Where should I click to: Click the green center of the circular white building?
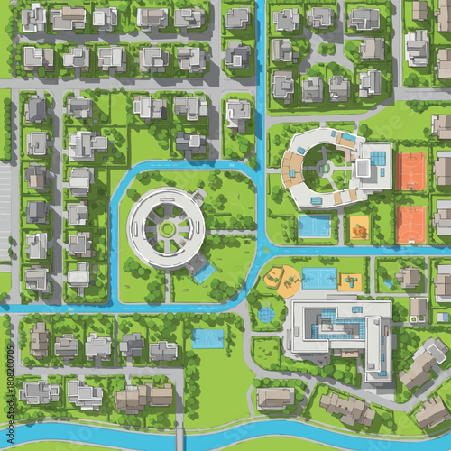pos(168,229)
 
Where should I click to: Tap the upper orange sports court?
pos(410,170)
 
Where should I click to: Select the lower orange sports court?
pos(410,225)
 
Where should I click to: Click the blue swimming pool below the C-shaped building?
pos(314,226)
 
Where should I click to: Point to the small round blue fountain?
pos(266,314)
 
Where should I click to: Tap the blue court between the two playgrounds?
pos(318,279)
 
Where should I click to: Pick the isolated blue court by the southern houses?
pos(207,338)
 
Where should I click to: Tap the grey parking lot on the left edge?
pos(5,198)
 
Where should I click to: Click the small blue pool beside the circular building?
pos(204,271)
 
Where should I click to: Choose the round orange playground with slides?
pos(285,281)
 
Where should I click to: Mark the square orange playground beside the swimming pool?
pos(359,226)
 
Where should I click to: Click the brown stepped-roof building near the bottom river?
pos(347,408)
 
